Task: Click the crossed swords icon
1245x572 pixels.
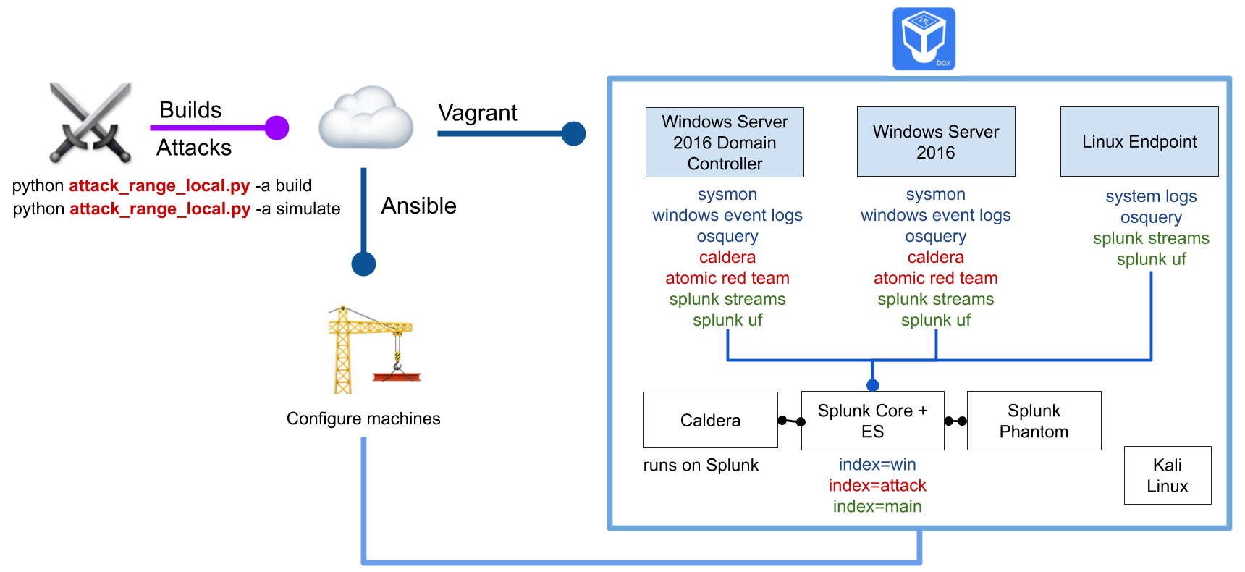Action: pos(90,120)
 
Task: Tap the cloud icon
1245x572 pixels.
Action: pos(366,117)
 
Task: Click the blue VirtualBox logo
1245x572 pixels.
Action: pos(924,38)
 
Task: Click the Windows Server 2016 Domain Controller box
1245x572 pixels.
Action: pos(725,143)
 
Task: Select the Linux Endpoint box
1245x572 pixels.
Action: pos(1139,142)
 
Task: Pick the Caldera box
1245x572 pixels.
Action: pos(710,420)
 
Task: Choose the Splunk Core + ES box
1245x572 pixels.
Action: pos(872,421)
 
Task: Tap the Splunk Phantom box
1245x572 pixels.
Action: pos(1034,421)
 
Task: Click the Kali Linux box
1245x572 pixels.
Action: pos(1167,475)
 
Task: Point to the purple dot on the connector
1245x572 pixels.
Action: pos(277,128)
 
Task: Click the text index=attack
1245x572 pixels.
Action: pos(877,485)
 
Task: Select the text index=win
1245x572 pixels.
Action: pos(877,464)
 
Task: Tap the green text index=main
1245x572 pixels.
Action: pos(877,506)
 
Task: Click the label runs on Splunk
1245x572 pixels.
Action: pos(701,465)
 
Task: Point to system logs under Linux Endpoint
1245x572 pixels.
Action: pos(1151,196)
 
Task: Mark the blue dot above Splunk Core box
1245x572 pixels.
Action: pos(873,385)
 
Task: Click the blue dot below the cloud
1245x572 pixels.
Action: pos(363,264)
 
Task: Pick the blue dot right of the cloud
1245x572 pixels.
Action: pos(573,133)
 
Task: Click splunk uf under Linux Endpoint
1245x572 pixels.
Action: pos(1151,259)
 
